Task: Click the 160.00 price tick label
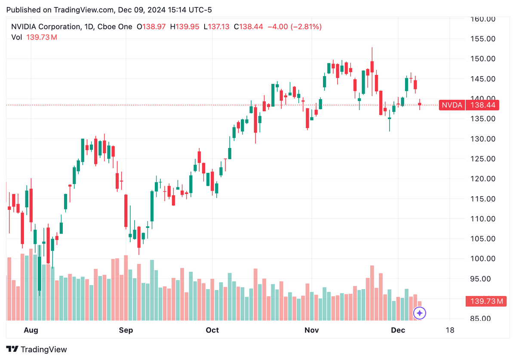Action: coord(484,19)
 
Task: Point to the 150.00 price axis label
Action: coord(484,59)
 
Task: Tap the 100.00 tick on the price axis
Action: coord(484,259)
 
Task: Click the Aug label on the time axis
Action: coord(31,330)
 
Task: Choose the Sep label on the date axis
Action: coord(126,330)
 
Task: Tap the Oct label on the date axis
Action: coord(212,330)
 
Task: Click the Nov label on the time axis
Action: coord(311,330)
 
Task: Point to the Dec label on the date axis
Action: coord(398,330)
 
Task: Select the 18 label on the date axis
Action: coord(450,330)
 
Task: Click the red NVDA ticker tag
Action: coord(452,105)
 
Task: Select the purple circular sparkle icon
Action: coord(419,313)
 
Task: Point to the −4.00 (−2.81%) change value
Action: coord(294,27)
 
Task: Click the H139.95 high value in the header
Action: coord(184,27)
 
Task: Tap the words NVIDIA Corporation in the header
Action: coord(45,27)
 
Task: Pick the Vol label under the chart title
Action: coord(17,37)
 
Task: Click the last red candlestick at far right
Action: coord(420,104)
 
